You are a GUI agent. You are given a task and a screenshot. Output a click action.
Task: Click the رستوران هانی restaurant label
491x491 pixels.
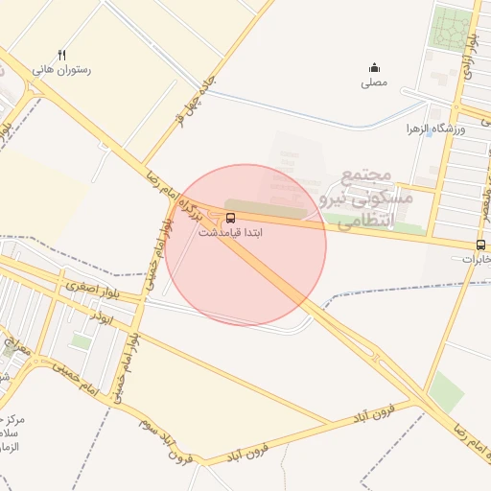pos(61,70)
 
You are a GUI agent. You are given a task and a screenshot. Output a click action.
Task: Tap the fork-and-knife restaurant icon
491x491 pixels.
pos(61,55)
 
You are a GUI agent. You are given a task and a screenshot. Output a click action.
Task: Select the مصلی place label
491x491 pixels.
pos(374,83)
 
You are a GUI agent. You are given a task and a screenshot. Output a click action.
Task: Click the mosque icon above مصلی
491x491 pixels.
pos(374,67)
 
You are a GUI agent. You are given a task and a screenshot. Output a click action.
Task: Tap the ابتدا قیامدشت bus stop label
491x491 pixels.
pos(230,233)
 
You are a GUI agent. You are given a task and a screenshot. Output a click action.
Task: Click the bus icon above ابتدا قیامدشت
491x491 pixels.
pos(229,218)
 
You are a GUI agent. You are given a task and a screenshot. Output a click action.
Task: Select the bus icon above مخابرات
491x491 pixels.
pos(480,245)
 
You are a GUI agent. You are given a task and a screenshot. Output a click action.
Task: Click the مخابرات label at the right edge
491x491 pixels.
pos(477,259)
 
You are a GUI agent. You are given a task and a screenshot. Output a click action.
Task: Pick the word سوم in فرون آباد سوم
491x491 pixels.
pos(147,422)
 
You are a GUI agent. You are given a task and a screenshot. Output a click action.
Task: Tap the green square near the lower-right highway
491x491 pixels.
pos(446,392)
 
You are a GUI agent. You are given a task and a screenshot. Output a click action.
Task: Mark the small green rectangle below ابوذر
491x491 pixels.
pos(82,341)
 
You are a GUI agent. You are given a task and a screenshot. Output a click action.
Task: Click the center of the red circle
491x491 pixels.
pos(245,245)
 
